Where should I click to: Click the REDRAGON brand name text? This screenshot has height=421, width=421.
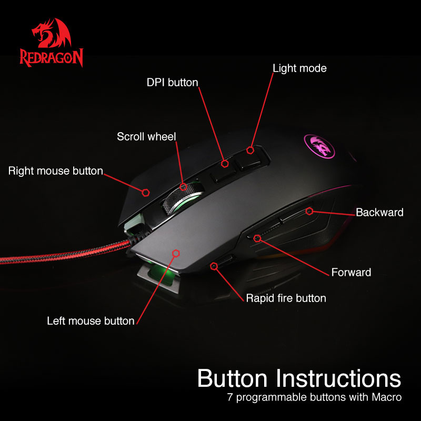51,57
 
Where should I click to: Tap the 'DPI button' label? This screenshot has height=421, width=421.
172,82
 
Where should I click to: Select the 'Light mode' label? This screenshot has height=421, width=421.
299,68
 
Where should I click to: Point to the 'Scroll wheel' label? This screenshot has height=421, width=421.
146,137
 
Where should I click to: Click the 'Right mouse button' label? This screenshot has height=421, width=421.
55,171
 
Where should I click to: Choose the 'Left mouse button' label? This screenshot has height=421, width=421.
91,320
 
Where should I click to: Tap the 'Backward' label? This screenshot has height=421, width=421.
379,213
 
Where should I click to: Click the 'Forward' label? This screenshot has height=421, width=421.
351,272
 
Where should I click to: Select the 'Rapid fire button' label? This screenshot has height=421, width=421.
286,298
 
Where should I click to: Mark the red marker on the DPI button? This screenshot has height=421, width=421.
225,164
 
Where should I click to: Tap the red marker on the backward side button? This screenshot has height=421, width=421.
309,211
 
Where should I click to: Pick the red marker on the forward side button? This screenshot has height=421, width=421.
257,238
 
